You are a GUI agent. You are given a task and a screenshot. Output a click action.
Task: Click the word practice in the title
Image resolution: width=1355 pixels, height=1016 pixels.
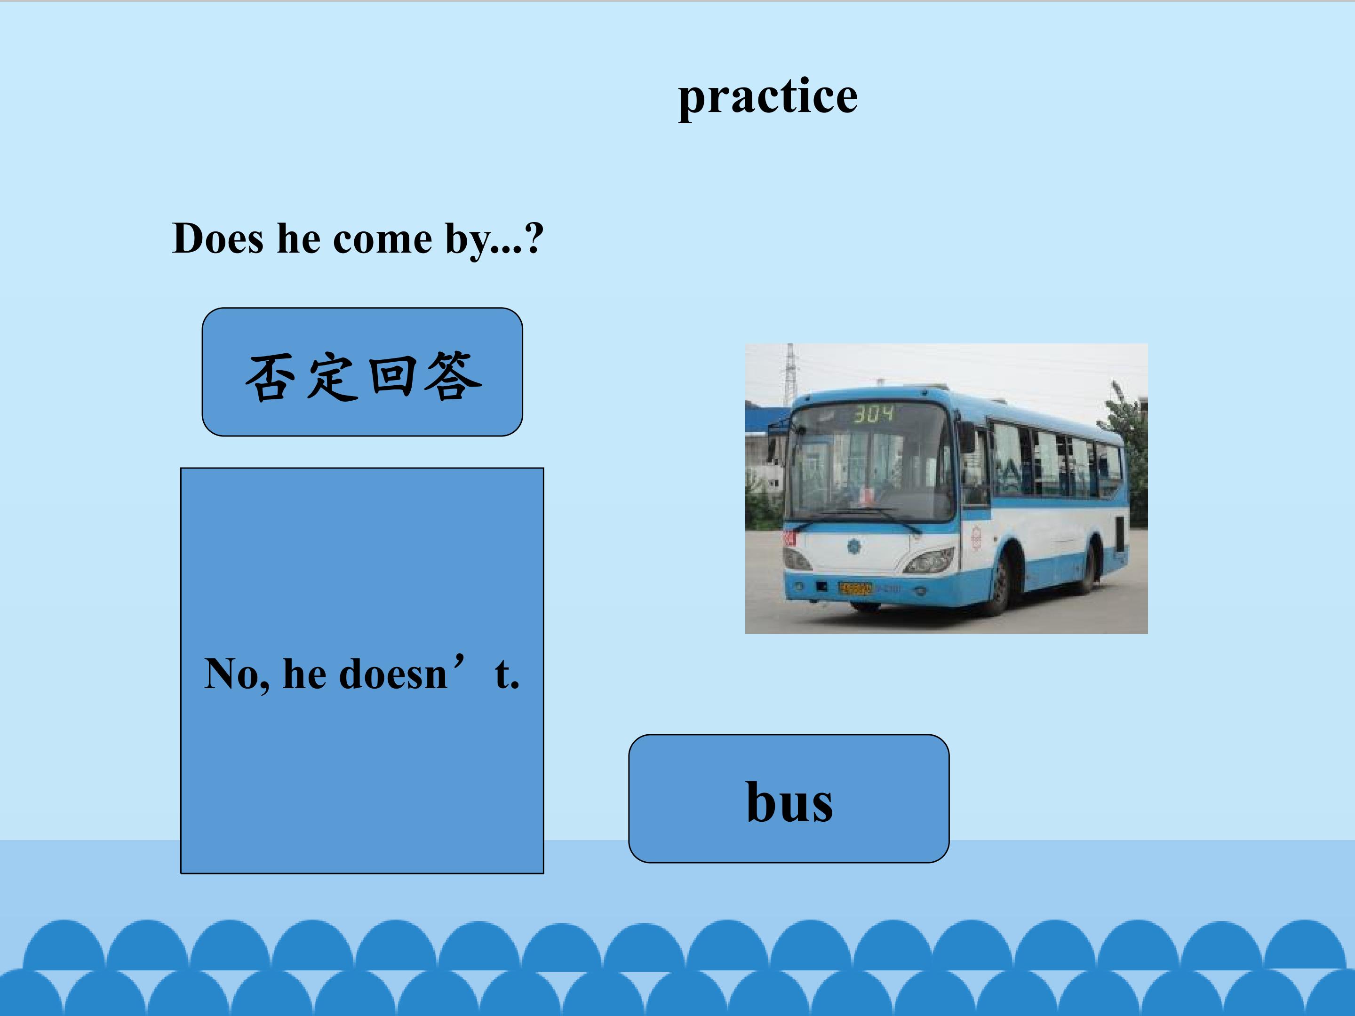pos(767,97)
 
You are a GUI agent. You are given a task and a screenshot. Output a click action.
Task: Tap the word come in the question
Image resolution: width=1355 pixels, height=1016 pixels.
pos(382,239)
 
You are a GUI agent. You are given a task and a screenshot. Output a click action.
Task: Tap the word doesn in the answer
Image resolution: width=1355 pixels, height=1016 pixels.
pos(393,674)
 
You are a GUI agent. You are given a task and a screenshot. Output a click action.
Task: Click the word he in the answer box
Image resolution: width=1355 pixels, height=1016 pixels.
pos(304,674)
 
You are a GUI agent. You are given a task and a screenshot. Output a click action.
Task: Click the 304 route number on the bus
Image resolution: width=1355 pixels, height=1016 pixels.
pos(874,414)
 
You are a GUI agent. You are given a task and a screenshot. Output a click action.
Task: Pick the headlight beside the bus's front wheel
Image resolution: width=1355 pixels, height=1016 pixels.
pos(930,559)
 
